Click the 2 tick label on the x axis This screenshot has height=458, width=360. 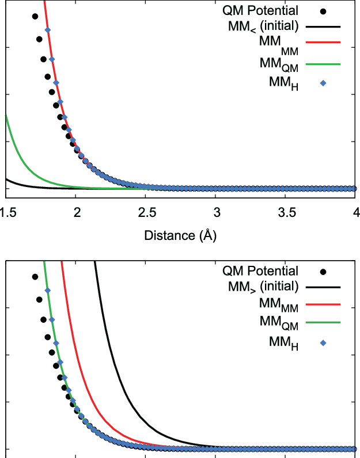click(76, 212)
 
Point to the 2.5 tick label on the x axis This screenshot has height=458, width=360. click(146, 212)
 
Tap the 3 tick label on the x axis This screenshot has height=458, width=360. click(216, 212)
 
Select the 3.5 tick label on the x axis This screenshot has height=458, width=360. click(286, 212)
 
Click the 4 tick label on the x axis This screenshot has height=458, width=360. click(355, 212)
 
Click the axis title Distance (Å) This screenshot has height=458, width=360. click(180, 235)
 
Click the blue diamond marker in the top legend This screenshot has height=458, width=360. click(323, 83)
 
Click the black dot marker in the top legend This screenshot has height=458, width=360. click(323, 11)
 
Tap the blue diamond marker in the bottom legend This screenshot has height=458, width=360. click(323, 343)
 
